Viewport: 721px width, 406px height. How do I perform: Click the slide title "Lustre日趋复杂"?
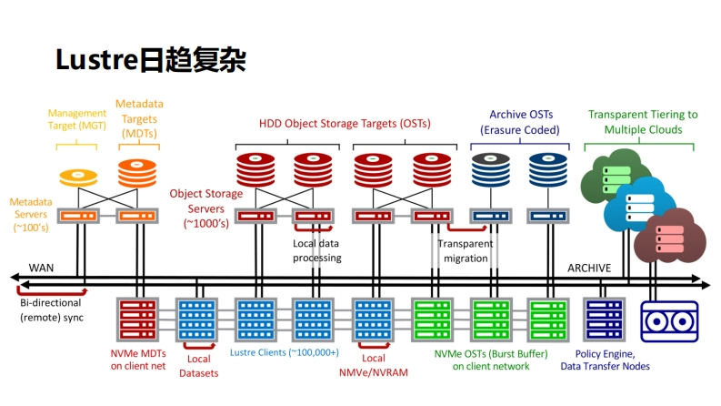pos(151,60)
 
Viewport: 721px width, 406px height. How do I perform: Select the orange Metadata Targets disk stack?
pos(137,171)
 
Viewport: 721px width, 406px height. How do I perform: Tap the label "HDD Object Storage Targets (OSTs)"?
pos(345,123)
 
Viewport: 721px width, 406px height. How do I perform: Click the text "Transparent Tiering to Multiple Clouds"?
pos(643,122)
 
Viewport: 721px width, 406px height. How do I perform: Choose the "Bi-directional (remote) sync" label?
pos(51,310)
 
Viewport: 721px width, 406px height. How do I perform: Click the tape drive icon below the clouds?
pos(669,320)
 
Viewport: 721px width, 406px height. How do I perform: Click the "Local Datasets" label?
pos(197,366)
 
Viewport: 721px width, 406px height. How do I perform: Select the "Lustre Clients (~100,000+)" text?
pos(284,352)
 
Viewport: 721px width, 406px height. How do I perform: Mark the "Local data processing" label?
pos(316,250)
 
